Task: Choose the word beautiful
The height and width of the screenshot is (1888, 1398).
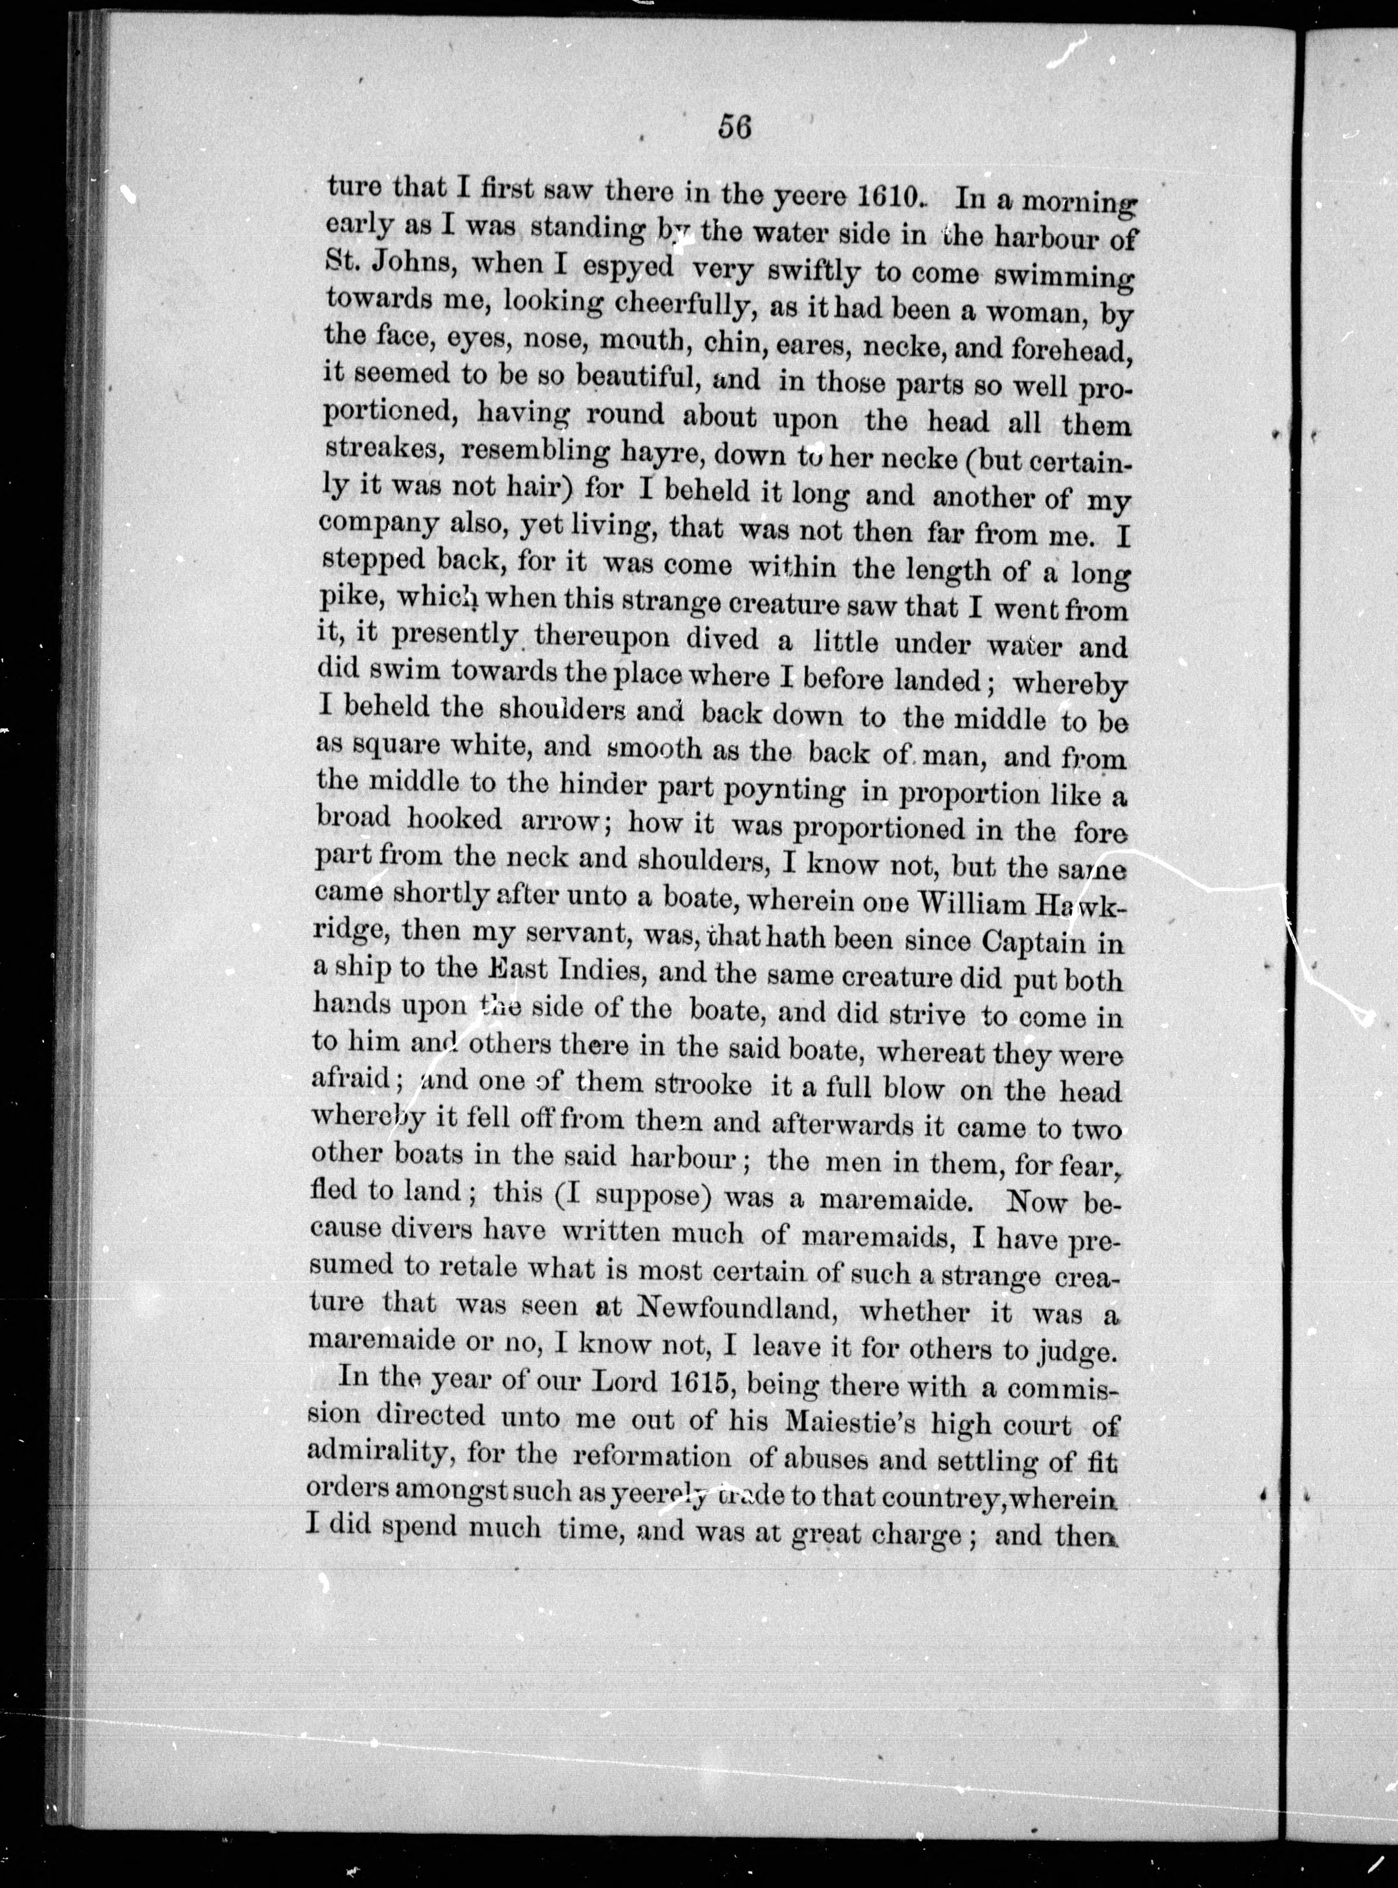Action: (636, 381)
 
